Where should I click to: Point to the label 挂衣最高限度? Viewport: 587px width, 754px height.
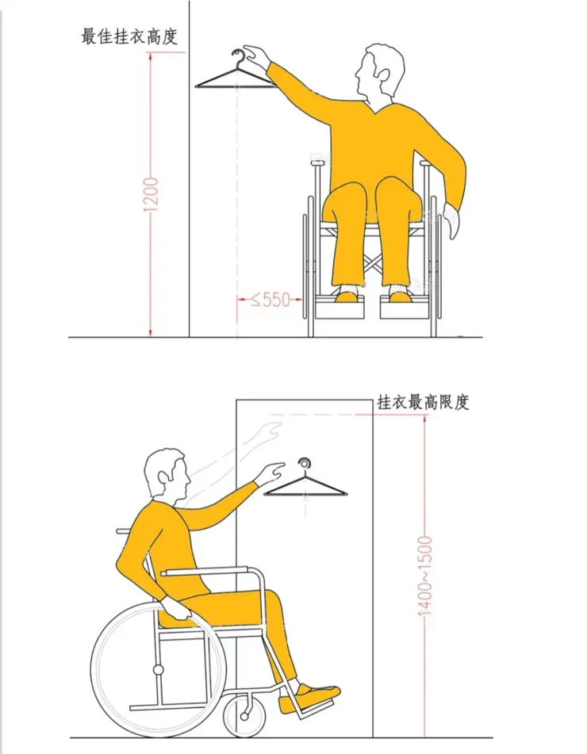[424, 402]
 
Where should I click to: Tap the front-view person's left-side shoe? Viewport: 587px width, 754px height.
[347, 297]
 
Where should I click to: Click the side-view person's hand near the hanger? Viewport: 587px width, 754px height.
[271, 473]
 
